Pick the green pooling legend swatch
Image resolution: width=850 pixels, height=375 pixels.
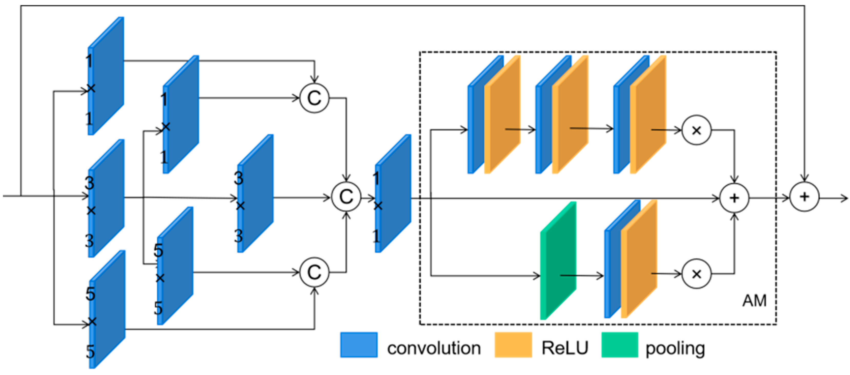tap(619, 345)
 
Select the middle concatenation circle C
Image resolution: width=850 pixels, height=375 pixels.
tap(346, 197)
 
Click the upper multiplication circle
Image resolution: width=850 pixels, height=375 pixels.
tap(696, 130)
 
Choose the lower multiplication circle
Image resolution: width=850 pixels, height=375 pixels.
tap(696, 274)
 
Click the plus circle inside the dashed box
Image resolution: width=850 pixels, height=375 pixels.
tap(734, 198)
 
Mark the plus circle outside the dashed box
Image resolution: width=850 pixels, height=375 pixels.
tap(804, 197)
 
